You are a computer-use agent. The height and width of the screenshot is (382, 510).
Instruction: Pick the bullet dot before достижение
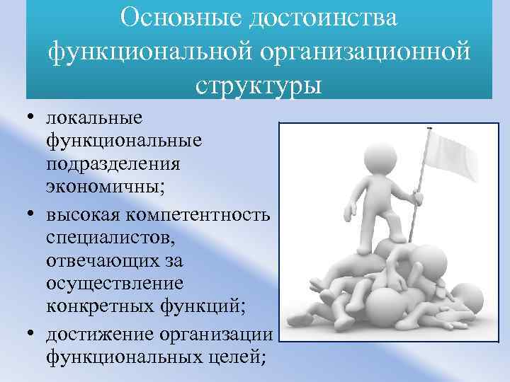pos(33,334)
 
